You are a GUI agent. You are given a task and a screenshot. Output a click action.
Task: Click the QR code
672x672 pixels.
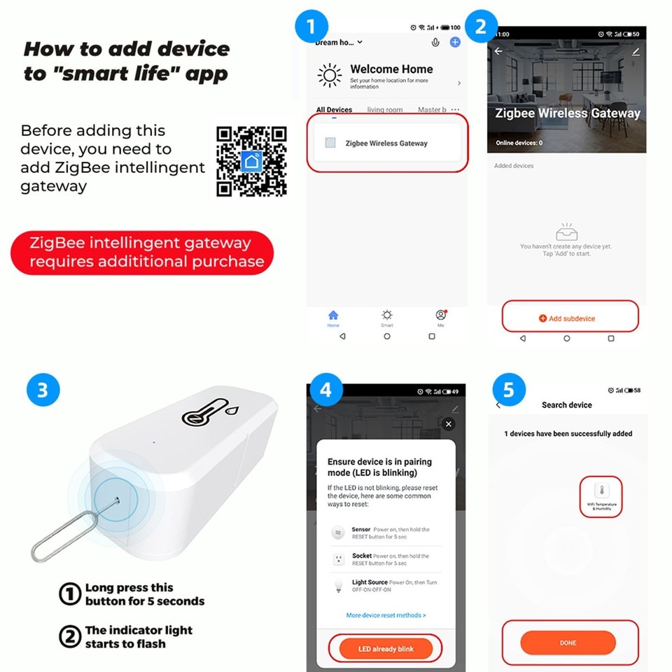[251, 161]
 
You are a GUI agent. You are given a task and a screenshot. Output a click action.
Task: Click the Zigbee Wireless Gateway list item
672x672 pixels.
[387, 143]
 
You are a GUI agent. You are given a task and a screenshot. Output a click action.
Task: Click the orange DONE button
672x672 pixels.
[568, 643]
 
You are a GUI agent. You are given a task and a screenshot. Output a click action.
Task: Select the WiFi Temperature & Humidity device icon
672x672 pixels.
[601, 495]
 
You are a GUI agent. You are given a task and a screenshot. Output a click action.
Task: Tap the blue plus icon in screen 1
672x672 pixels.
[455, 42]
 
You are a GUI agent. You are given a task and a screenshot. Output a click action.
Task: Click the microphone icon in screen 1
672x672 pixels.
[435, 42]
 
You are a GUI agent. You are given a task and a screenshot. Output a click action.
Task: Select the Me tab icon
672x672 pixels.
[440, 316]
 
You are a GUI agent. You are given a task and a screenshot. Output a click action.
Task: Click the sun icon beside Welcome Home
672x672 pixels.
[330, 75]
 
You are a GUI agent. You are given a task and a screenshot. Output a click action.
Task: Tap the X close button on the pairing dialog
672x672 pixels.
[449, 424]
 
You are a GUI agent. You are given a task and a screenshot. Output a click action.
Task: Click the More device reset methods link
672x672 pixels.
[386, 615]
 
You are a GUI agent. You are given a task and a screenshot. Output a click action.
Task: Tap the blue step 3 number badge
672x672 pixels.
[43, 389]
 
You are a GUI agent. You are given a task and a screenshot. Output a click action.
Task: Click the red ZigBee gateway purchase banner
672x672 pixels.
[142, 253]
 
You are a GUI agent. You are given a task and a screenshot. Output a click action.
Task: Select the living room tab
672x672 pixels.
[385, 110]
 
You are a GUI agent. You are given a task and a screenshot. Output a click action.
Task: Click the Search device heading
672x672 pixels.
[566, 405]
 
